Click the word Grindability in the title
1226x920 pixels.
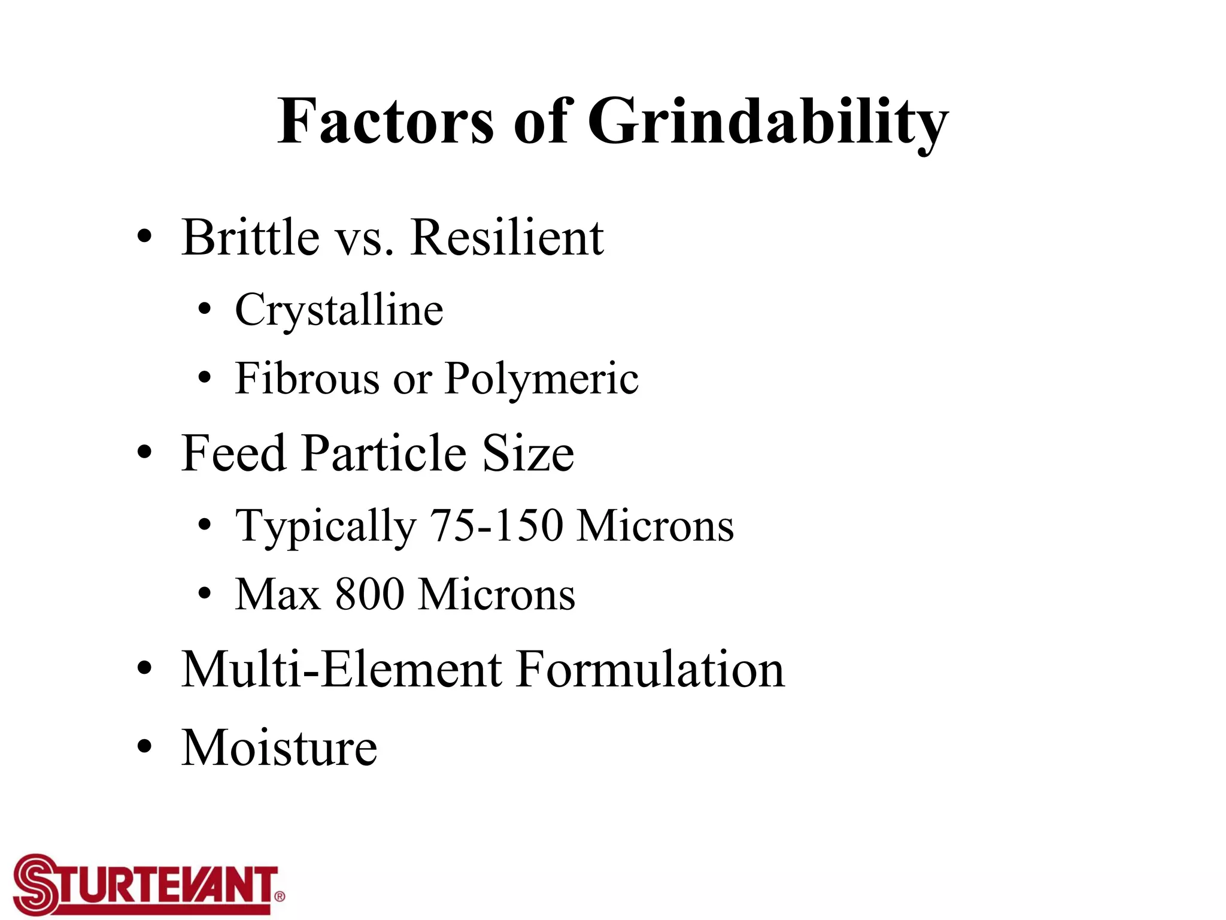point(768,123)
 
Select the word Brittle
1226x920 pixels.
point(250,237)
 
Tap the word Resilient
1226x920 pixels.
point(507,237)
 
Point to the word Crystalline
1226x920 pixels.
point(339,310)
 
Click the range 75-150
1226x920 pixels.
point(496,526)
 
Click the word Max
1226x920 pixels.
point(277,594)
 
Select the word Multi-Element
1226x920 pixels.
point(341,669)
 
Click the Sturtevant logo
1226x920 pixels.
point(148,884)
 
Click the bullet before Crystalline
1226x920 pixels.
point(205,310)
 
